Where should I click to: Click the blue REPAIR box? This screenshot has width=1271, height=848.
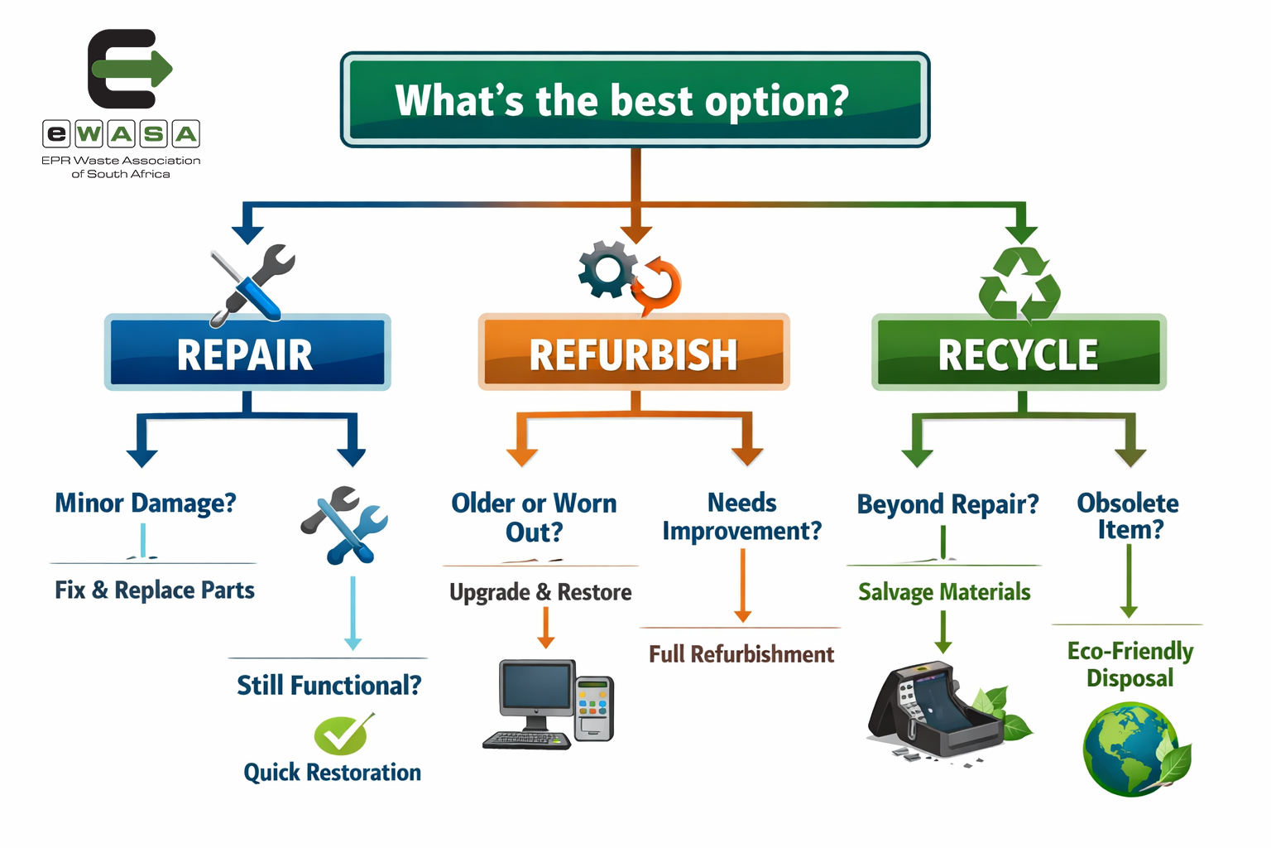point(247,353)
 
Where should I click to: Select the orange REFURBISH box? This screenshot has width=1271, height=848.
point(634,353)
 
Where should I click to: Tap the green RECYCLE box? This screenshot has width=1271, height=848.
point(1019,354)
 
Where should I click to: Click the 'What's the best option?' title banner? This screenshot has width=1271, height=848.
point(635,100)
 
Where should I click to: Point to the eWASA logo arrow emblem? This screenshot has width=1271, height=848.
point(129,69)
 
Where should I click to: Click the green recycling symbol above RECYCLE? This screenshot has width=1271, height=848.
point(1019,285)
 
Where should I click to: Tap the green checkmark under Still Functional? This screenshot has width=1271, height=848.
point(343,734)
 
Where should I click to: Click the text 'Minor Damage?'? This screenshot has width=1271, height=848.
point(146,503)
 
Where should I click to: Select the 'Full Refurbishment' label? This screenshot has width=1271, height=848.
point(741,654)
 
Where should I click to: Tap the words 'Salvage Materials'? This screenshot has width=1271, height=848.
point(944,592)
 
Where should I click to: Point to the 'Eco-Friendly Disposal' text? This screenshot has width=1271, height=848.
point(1130,664)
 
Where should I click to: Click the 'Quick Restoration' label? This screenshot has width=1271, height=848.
point(332,773)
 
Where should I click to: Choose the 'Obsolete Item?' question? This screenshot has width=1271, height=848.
point(1129,516)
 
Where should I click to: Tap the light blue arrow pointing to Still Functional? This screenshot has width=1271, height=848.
point(353,613)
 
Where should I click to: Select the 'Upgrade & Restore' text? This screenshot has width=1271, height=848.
point(540,592)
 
